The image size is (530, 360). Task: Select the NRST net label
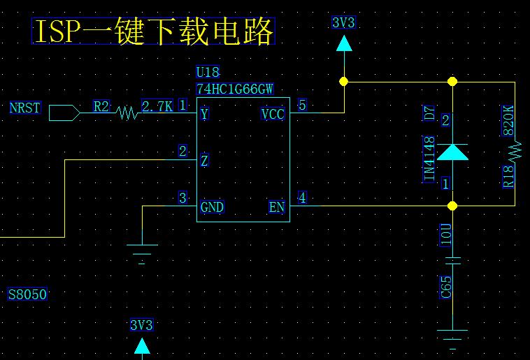point(25,108)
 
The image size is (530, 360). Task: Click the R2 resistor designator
point(101,106)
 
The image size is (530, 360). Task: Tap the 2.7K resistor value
point(157,106)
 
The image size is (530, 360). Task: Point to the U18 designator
point(208,72)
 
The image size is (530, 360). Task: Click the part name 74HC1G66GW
point(235,89)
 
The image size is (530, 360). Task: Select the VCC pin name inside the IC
point(273,114)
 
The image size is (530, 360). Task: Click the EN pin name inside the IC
point(277,208)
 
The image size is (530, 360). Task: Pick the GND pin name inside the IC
point(212,208)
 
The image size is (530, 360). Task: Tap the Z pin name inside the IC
point(204,161)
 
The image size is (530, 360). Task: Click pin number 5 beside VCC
point(302,105)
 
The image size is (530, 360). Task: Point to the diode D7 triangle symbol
point(452,152)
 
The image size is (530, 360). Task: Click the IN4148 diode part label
point(429,159)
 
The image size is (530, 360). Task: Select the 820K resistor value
point(508,121)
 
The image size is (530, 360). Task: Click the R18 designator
point(508,175)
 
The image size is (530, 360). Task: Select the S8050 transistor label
point(28,294)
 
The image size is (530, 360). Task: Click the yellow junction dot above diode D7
point(452,82)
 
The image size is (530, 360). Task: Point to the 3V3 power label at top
point(343,23)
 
